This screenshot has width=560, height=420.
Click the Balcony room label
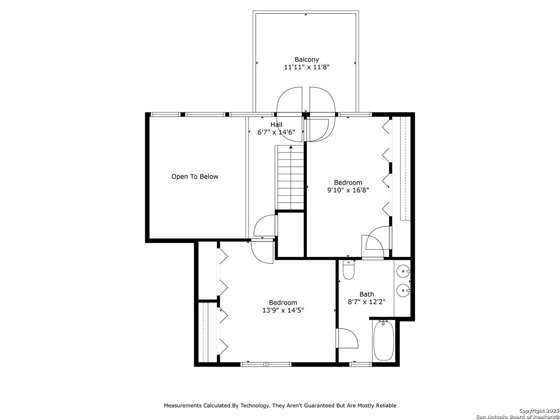click(307, 59)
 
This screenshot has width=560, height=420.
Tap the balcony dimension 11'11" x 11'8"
click(307, 67)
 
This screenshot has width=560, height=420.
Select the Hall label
click(276, 125)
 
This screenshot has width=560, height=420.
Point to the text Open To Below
click(195, 177)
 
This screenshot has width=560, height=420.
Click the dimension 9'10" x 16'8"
click(348, 190)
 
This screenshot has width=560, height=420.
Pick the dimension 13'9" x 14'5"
click(283, 310)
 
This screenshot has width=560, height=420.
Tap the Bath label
click(367, 294)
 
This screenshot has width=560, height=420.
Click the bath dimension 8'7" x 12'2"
click(367, 302)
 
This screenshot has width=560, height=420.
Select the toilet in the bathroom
click(348, 270)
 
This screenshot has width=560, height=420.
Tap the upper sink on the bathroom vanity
click(403, 271)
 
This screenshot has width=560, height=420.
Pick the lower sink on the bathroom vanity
click(403, 290)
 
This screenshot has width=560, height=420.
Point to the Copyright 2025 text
click(539, 411)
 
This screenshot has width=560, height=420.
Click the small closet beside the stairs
click(290, 234)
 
